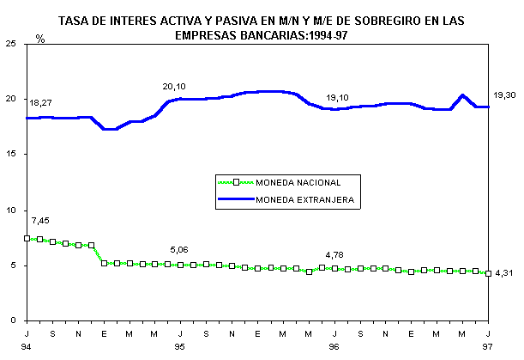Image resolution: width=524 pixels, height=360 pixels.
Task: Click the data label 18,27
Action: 41,103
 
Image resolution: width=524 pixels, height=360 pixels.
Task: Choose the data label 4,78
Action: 337,255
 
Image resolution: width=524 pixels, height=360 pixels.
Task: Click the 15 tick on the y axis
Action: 14,155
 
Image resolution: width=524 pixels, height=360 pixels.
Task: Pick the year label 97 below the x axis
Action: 488,346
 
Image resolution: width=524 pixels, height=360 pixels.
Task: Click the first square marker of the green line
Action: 27,238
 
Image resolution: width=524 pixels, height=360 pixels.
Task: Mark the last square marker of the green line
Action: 488,273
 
